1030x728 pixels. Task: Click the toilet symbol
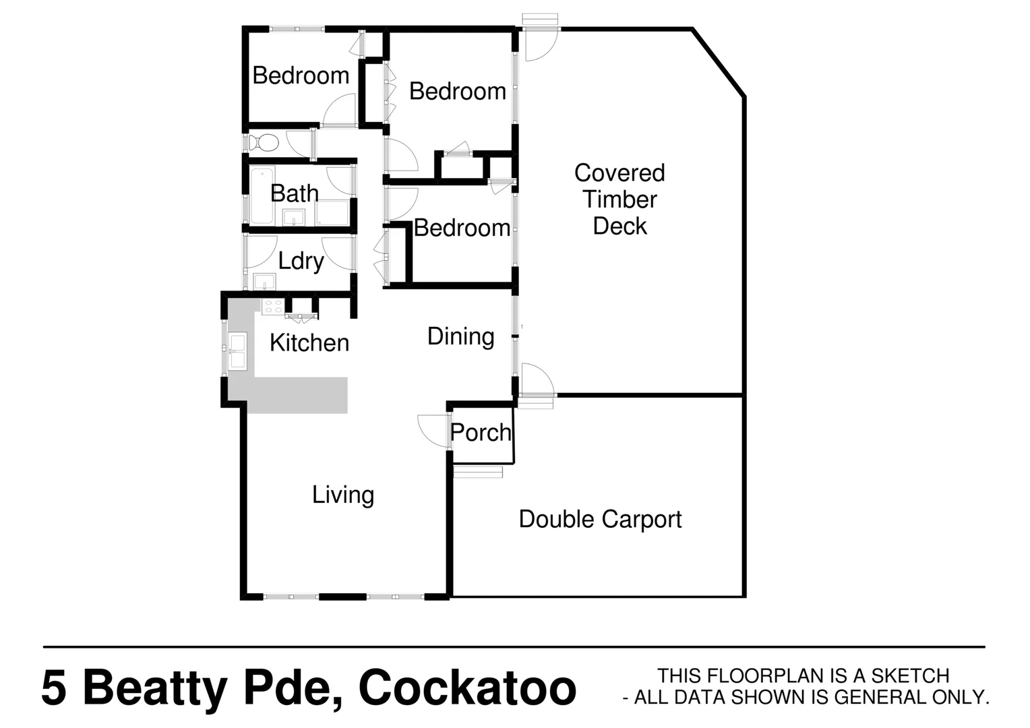point(264,143)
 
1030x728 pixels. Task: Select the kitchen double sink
point(237,351)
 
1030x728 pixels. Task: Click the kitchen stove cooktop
point(272,307)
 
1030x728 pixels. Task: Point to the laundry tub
point(264,281)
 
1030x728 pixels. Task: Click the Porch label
point(481,433)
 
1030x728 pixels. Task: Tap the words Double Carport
point(600,519)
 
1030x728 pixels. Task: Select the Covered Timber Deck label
point(619,200)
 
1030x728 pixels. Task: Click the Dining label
point(461,336)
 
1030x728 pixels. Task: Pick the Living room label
point(343,495)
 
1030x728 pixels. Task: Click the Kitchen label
point(309,343)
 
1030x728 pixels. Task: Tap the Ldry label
point(301,261)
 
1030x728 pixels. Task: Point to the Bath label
point(295,193)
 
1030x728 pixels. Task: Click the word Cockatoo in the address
point(467,688)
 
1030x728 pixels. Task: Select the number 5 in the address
point(54,688)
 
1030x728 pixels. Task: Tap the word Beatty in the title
point(155,688)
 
